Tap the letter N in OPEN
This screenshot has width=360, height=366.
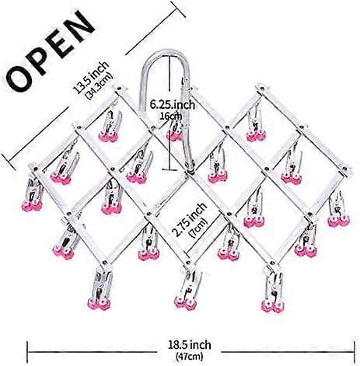(78, 26)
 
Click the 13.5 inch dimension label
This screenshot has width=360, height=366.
(91, 77)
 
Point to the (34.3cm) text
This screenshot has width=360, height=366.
(99, 86)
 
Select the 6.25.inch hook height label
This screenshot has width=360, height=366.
(173, 105)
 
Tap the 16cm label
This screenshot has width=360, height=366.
(170, 116)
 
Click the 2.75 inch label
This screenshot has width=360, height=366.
(190, 219)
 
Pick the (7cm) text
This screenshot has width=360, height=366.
(198, 228)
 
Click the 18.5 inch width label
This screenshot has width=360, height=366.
(190, 345)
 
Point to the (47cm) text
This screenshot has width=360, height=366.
(190, 356)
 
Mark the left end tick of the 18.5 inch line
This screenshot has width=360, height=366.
(28, 351)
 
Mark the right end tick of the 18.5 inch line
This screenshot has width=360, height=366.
(354, 351)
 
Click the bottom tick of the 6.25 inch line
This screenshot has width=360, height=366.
(170, 170)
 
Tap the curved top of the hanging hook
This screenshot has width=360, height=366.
(166, 54)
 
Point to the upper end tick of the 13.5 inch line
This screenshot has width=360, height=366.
(178, 9)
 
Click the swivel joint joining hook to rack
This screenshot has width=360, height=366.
(190, 168)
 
